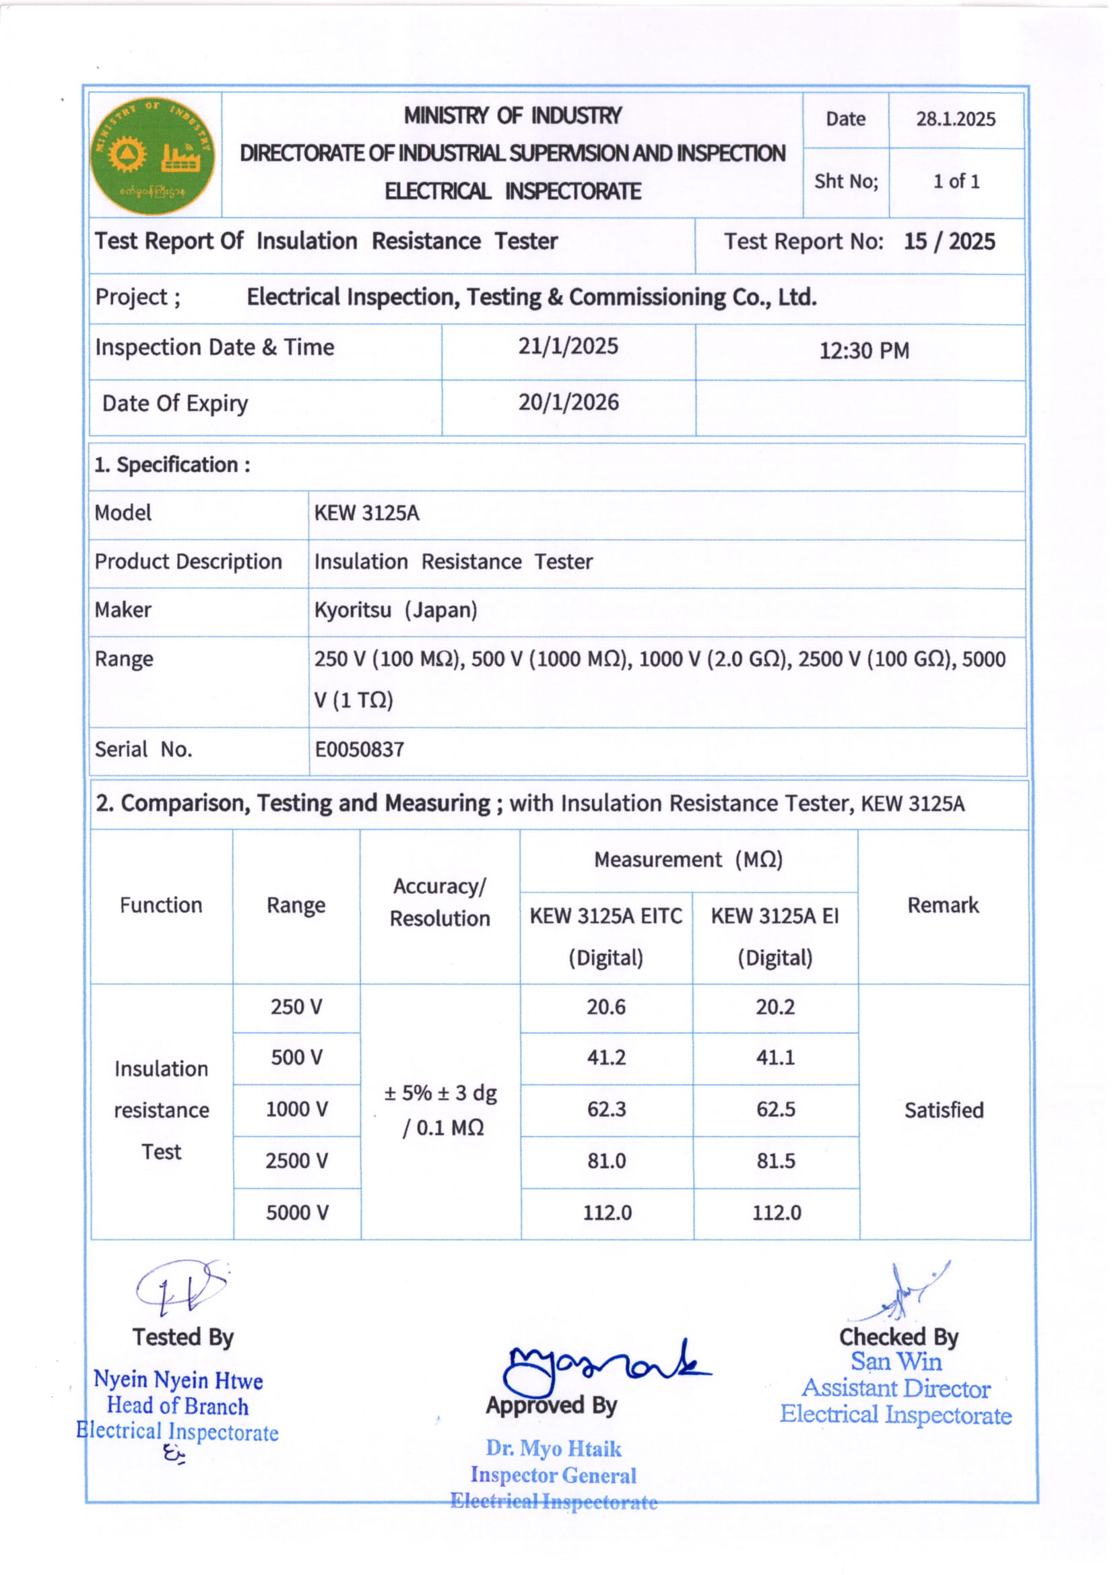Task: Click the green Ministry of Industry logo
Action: (152, 156)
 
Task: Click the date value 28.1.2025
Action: (955, 119)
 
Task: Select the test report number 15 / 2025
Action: (949, 241)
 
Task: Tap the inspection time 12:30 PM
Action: (863, 351)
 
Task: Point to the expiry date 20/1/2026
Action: (568, 402)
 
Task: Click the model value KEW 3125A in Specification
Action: (366, 513)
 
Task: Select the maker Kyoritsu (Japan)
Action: (395, 610)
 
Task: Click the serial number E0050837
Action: (359, 749)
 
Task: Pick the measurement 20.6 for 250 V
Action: (605, 1006)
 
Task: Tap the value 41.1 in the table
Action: (775, 1057)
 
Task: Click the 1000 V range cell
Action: (296, 1110)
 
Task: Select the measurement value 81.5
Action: (775, 1161)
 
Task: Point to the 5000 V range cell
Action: (296, 1213)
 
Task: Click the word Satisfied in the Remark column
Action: (943, 1110)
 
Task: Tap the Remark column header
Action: (942, 905)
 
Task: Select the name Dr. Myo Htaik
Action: (553, 1448)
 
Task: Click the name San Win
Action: (896, 1361)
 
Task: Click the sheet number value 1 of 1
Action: (956, 182)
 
